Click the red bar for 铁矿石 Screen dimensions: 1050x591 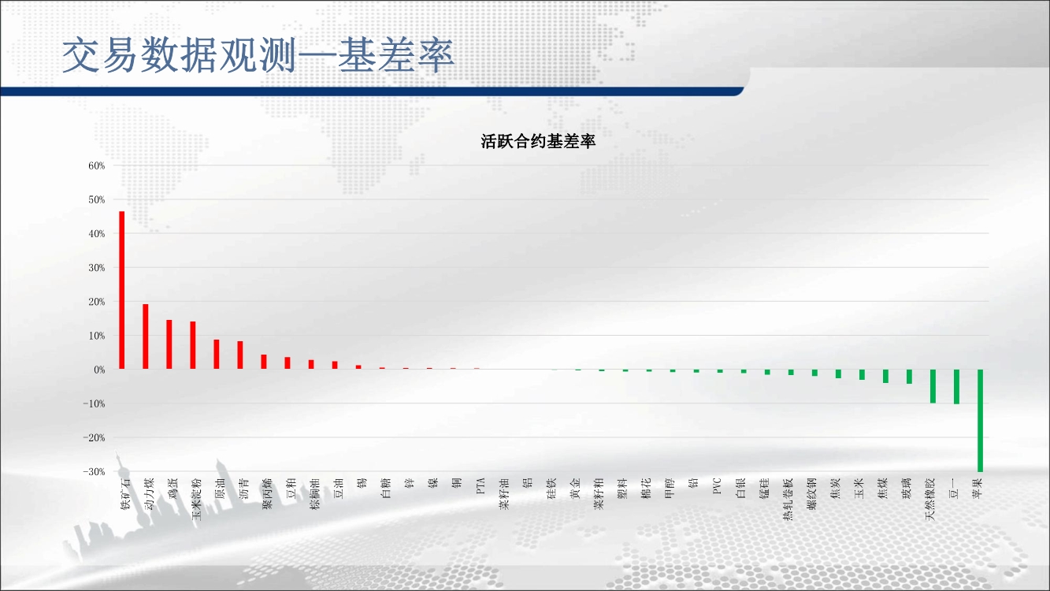(122, 290)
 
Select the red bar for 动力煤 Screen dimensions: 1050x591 (145, 336)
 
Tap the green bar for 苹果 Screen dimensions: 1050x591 (980, 421)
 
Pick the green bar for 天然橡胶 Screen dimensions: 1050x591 (933, 386)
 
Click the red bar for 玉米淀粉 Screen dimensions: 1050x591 (193, 345)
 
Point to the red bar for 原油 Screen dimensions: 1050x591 (216, 354)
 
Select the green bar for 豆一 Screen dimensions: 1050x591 (956, 387)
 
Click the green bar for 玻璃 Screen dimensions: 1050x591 (909, 377)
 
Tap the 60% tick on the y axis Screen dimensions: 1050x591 (97, 165)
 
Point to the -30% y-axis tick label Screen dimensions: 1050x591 (94, 472)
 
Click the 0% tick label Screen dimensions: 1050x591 (99, 370)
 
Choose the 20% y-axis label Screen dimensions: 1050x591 (97, 302)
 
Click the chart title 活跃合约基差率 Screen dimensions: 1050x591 (538, 142)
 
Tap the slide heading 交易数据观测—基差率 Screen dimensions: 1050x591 (258, 55)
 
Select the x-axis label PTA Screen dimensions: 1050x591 (480, 486)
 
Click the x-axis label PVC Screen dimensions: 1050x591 (716, 486)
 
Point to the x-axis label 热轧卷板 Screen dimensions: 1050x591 (788, 499)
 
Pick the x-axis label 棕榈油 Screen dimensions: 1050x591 (314, 494)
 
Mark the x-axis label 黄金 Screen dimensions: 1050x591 (575, 489)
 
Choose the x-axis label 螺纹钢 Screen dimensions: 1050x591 (811, 494)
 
